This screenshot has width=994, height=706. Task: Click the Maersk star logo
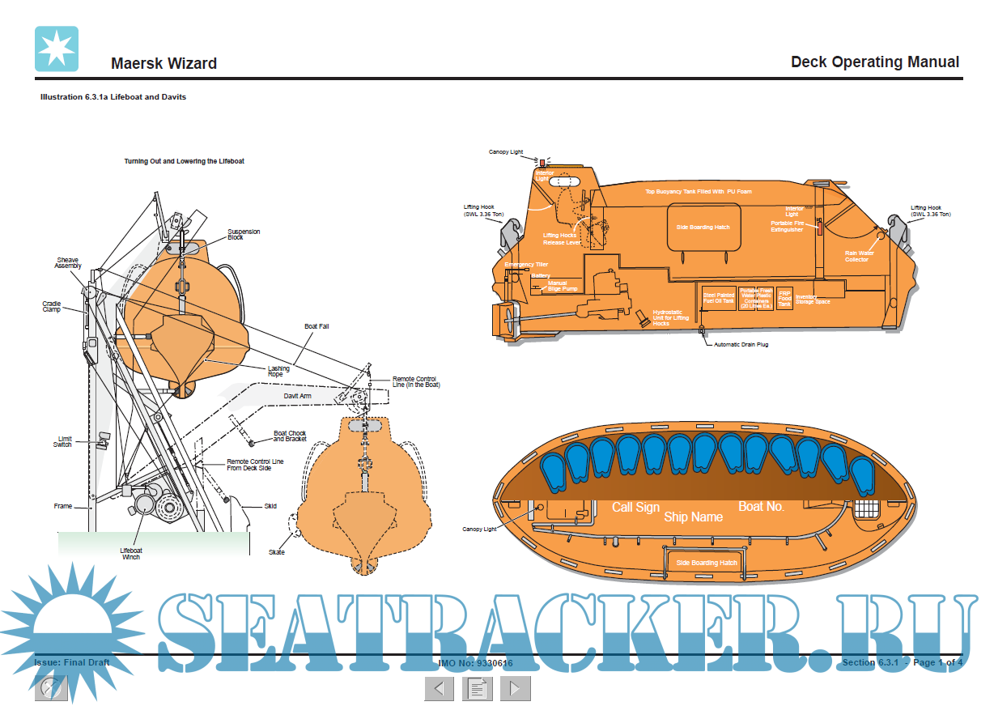point(57,49)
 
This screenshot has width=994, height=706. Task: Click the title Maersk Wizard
point(164,63)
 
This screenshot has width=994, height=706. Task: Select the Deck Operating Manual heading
point(874,62)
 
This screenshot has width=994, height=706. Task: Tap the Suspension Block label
point(244,235)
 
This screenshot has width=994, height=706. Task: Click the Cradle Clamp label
point(52,307)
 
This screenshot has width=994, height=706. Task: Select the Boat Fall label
point(316,326)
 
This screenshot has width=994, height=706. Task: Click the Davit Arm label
point(297,396)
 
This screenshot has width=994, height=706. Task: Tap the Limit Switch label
point(64,442)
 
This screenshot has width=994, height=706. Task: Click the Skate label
point(277,552)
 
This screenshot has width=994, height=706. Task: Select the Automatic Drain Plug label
point(741,345)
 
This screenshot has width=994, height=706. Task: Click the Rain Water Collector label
point(856,257)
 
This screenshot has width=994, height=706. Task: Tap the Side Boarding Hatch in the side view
point(703,228)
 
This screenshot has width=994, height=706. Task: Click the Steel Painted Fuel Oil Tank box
point(719,298)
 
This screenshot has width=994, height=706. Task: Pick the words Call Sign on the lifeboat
point(635,508)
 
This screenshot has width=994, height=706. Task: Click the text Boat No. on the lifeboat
point(761,507)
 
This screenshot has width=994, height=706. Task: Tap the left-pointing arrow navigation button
point(440,689)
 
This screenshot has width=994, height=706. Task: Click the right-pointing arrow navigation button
point(515,689)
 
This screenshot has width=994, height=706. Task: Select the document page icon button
point(478,689)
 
